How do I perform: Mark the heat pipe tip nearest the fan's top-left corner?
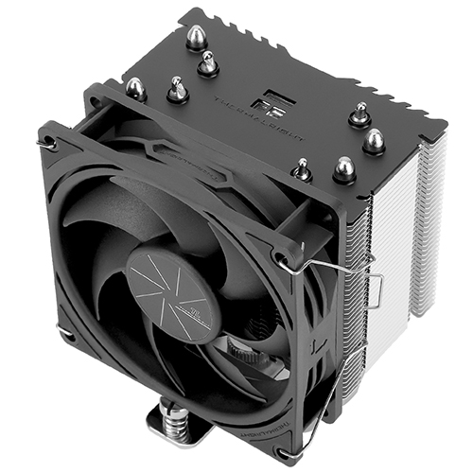pos(135,88)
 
